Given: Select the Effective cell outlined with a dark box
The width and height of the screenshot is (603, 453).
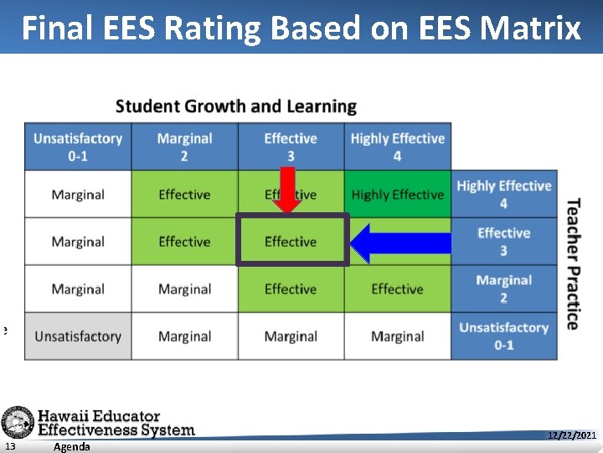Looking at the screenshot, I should [x=291, y=242].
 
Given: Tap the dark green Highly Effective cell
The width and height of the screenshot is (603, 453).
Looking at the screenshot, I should [x=397, y=195].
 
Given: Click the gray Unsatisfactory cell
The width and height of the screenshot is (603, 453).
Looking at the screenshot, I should [x=78, y=336].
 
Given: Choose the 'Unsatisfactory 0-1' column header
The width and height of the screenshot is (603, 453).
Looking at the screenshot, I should [x=78, y=147].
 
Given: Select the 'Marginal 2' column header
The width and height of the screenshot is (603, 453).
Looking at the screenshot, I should [x=184, y=147].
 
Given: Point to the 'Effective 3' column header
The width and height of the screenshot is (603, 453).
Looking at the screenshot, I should [x=291, y=147].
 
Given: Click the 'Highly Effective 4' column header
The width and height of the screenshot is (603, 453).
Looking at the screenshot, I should [x=397, y=147].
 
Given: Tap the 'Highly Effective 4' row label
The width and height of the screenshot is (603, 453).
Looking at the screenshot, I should [x=503, y=195].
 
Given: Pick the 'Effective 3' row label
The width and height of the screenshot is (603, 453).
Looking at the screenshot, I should [x=503, y=242].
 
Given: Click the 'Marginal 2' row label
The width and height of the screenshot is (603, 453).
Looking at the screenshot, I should [x=503, y=289].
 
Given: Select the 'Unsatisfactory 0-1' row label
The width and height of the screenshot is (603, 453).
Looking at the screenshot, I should [x=503, y=336].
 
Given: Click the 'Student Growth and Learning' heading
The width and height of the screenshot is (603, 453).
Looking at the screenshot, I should [x=236, y=107].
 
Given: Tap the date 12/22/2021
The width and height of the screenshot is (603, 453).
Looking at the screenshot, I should [x=572, y=435].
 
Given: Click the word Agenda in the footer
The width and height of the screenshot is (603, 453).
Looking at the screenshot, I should [x=71, y=447].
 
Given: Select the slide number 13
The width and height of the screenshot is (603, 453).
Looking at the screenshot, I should [x=8, y=446].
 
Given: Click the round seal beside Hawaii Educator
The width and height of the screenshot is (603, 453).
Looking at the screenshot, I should [x=17, y=422].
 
